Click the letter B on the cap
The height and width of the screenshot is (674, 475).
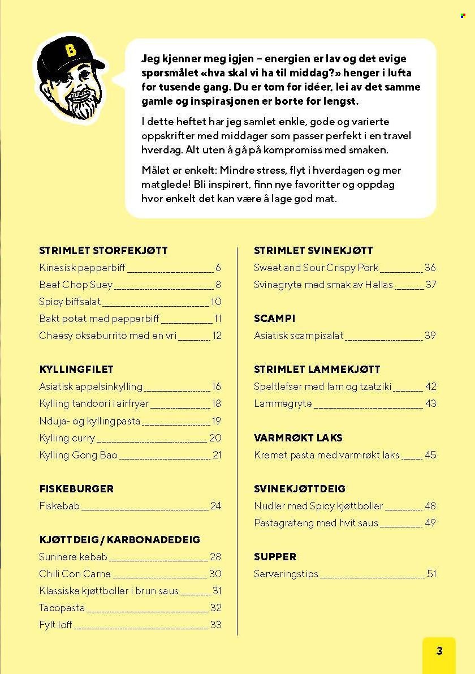tap(70, 51)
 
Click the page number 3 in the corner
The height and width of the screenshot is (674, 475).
tap(439, 651)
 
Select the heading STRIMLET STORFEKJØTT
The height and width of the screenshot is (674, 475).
tap(103, 250)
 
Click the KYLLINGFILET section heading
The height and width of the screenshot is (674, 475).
tap(76, 369)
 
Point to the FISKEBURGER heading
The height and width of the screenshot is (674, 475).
tap(76, 488)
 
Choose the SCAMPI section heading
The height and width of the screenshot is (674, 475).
tap(275, 319)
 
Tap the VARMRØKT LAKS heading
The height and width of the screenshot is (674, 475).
tap(298, 437)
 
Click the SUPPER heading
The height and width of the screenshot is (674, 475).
tap(275, 556)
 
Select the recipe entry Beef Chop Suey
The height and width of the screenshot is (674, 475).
tap(76, 285)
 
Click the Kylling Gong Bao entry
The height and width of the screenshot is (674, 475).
tap(78, 455)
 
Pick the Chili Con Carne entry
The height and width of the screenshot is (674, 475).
tap(75, 574)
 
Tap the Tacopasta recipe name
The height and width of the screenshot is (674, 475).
tap(62, 608)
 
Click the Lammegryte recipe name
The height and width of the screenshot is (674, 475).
tap(283, 404)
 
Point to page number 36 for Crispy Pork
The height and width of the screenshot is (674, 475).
tap(430, 268)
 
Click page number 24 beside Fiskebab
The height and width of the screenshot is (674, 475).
tap(215, 506)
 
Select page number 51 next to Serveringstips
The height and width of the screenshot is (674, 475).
tap(431, 574)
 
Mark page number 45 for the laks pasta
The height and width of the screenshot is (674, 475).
tap(430, 455)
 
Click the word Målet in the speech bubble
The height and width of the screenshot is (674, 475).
tap(156, 170)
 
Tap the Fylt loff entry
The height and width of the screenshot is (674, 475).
tap(55, 625)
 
